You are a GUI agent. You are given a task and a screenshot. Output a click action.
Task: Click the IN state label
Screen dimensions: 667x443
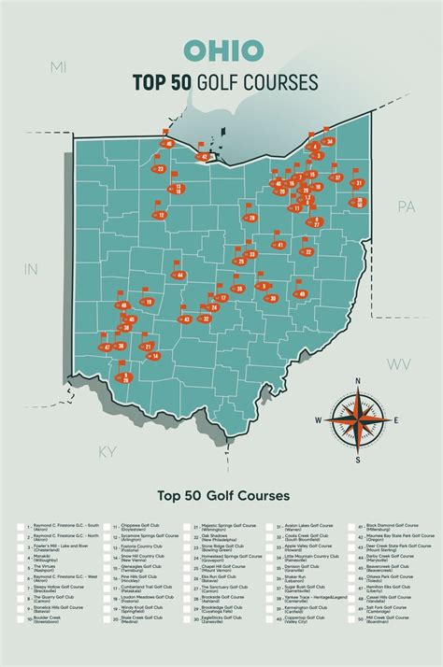(30, 269)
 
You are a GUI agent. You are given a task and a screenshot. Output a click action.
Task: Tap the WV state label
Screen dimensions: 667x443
(400, 363)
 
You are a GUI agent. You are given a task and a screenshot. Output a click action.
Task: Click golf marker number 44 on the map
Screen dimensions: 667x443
(179, 275)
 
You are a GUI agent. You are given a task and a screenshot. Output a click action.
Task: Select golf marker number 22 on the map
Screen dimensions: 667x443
(307, 252)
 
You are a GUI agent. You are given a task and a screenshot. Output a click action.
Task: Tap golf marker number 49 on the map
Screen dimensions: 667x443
(301, 294)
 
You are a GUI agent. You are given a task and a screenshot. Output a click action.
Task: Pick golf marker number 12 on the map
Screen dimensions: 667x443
(161, 216)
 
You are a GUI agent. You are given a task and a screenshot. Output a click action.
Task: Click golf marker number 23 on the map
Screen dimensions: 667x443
(160, 169)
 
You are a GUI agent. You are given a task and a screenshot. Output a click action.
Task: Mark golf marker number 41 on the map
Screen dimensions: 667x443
(279, 244)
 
